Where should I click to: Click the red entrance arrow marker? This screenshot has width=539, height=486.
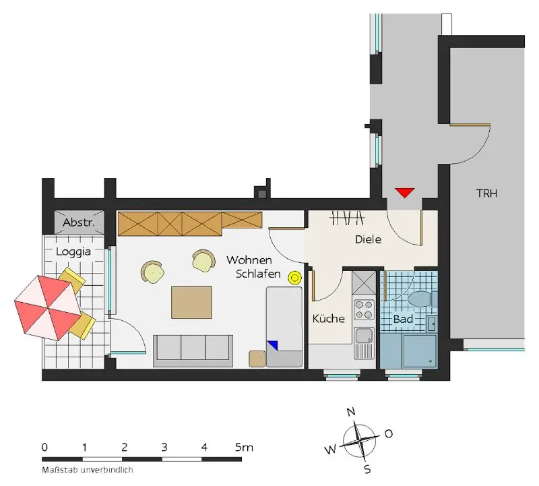[405, 192]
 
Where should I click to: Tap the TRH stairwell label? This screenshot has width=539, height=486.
[486, 193]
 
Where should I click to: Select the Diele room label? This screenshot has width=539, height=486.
[368, 239]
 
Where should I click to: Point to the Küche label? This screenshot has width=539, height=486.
[329, 319]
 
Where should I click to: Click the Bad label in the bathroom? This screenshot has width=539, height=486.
[403, 320]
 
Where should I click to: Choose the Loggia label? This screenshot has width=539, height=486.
[73, 252]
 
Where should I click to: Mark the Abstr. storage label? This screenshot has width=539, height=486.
[79, 222]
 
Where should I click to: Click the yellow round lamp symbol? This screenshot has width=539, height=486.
[294, 278]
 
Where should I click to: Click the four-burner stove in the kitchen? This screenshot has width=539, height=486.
[364, 309]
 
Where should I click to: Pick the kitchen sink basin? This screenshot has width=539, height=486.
[364, 335]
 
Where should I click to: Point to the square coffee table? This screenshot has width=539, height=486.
[191, 303]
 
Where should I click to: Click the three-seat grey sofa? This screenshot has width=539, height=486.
[193, 351]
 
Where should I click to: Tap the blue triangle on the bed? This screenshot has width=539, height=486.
[273, 345]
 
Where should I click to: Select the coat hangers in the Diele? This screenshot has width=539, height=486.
[347, 217]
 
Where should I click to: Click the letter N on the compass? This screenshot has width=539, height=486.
[350, 411]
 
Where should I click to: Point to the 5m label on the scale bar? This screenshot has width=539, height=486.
[244, 448]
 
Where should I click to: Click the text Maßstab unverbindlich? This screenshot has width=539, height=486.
[88, 470]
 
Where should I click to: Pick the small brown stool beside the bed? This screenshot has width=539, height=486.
[257, 359]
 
